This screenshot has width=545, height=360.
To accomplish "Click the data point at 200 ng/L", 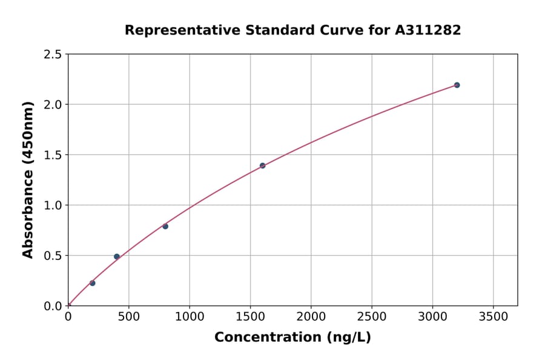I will tap(92, 283).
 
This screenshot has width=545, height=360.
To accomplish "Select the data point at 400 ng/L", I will tap(117, 256).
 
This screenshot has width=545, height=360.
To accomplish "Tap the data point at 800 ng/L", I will tap(165, 226).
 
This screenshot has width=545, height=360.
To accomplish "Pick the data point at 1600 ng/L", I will tap(262, 165).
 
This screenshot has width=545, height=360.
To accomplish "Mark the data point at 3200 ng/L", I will tap(457, 85).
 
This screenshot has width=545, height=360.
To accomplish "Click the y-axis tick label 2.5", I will tap(52, 55).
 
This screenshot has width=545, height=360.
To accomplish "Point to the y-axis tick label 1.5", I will tap(52, 155).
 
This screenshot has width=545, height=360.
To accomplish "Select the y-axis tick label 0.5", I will tap(52, 256).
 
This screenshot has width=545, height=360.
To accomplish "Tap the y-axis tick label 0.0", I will tap(52, 306).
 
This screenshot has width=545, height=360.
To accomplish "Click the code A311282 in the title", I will tap(428, 30).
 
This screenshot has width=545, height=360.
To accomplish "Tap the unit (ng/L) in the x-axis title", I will tap(348, 338).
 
